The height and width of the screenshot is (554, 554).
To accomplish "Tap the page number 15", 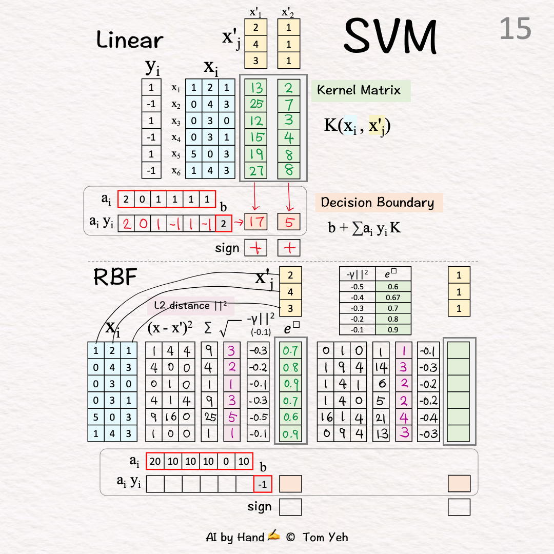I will click(516, 29).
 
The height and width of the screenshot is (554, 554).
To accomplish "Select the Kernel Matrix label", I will click(359, 90).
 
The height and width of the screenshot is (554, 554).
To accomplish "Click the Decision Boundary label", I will click(378, 202).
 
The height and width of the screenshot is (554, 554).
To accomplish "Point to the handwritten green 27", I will click(256, 170).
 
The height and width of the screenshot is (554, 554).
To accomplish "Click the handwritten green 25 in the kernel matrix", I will click(256, 105).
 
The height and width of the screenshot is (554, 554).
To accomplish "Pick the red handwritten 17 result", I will click(256, 223).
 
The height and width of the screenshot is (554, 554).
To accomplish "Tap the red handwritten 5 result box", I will click(288, 223).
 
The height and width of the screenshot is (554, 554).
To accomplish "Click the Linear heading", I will click(130, 40).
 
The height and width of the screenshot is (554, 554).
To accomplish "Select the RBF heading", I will click(115, 278).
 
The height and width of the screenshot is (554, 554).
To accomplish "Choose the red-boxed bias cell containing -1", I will click(263, 484).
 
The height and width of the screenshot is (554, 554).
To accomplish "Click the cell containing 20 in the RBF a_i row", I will click(155, 461).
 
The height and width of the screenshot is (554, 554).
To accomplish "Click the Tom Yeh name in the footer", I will click(325, 537).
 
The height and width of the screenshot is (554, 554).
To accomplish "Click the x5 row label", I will click(176, 154).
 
